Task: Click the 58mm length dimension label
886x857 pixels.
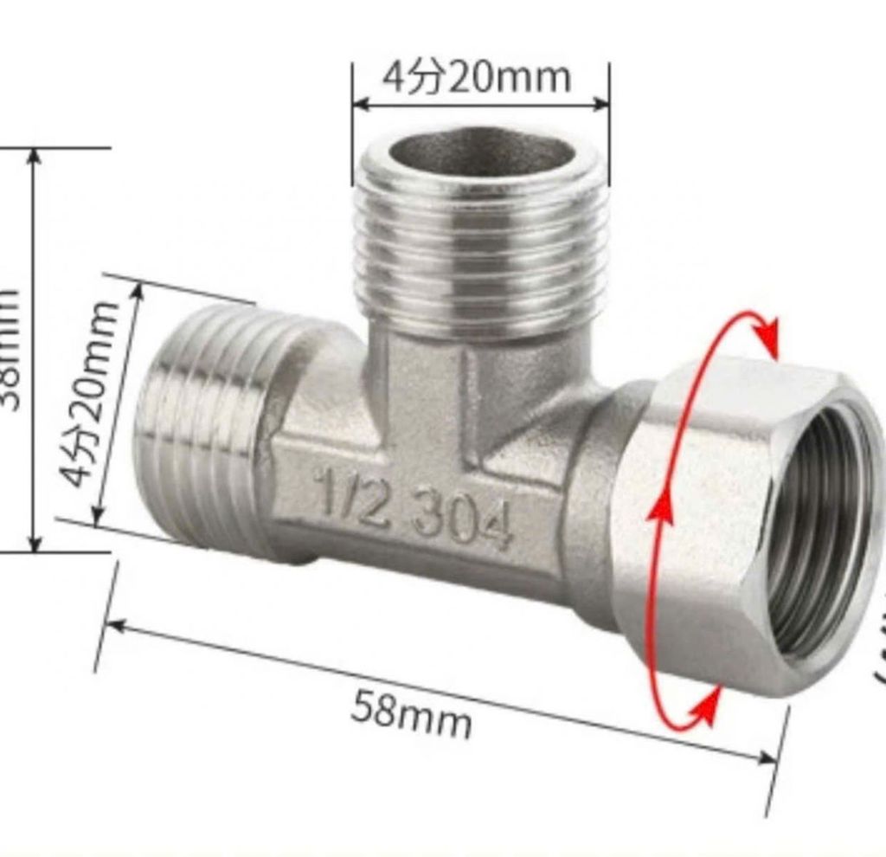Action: tap(412, 712)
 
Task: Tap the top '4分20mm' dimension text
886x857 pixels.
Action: tap(477, 79)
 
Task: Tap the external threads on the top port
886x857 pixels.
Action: tap(481, 251)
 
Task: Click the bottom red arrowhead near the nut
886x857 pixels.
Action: tap(706, 709)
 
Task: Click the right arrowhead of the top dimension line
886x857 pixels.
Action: tap(600, 103)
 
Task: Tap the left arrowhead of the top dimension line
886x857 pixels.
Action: tap(363, 104)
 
